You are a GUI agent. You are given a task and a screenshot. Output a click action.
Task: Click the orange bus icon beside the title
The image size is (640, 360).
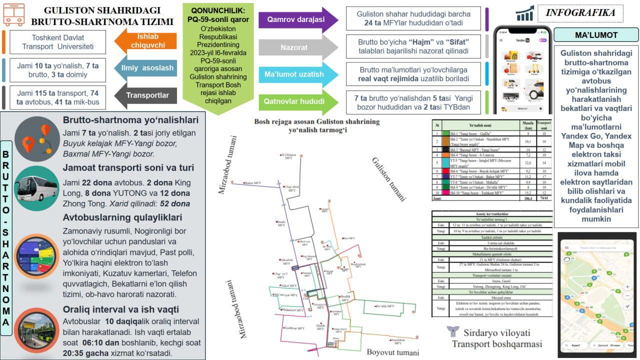[14, 15]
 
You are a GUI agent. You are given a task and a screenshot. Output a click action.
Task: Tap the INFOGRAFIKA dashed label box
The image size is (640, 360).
[580, 13]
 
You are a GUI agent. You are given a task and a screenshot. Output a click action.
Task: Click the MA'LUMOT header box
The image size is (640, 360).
[596, 35]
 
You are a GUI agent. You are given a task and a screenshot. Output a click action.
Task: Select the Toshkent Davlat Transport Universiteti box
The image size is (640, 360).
[58, 42]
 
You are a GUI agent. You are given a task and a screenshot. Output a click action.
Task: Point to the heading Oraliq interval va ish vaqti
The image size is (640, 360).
[121, 309]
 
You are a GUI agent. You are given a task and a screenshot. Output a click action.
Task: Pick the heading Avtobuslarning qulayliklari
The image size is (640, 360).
[122, 217]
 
